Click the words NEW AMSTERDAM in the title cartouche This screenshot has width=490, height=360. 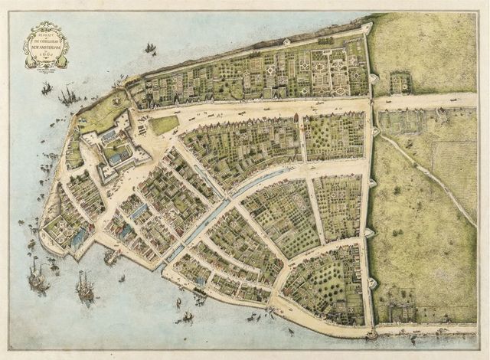pyautogui.click(x=46, y=44)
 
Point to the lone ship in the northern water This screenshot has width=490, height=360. pyautogui.click(x=150, y=48)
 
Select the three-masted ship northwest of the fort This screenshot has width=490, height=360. pyautogui.click(x=69, y=96)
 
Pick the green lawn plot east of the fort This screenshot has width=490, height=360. pyautogui.click(x=163, y=124)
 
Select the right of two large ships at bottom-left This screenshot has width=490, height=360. pyautogui.click(x=84, y=286)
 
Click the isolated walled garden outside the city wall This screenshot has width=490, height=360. pyautogui.click(x=400, y=82)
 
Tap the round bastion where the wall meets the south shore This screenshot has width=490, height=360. pyautogui.click(x=372, y=334)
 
